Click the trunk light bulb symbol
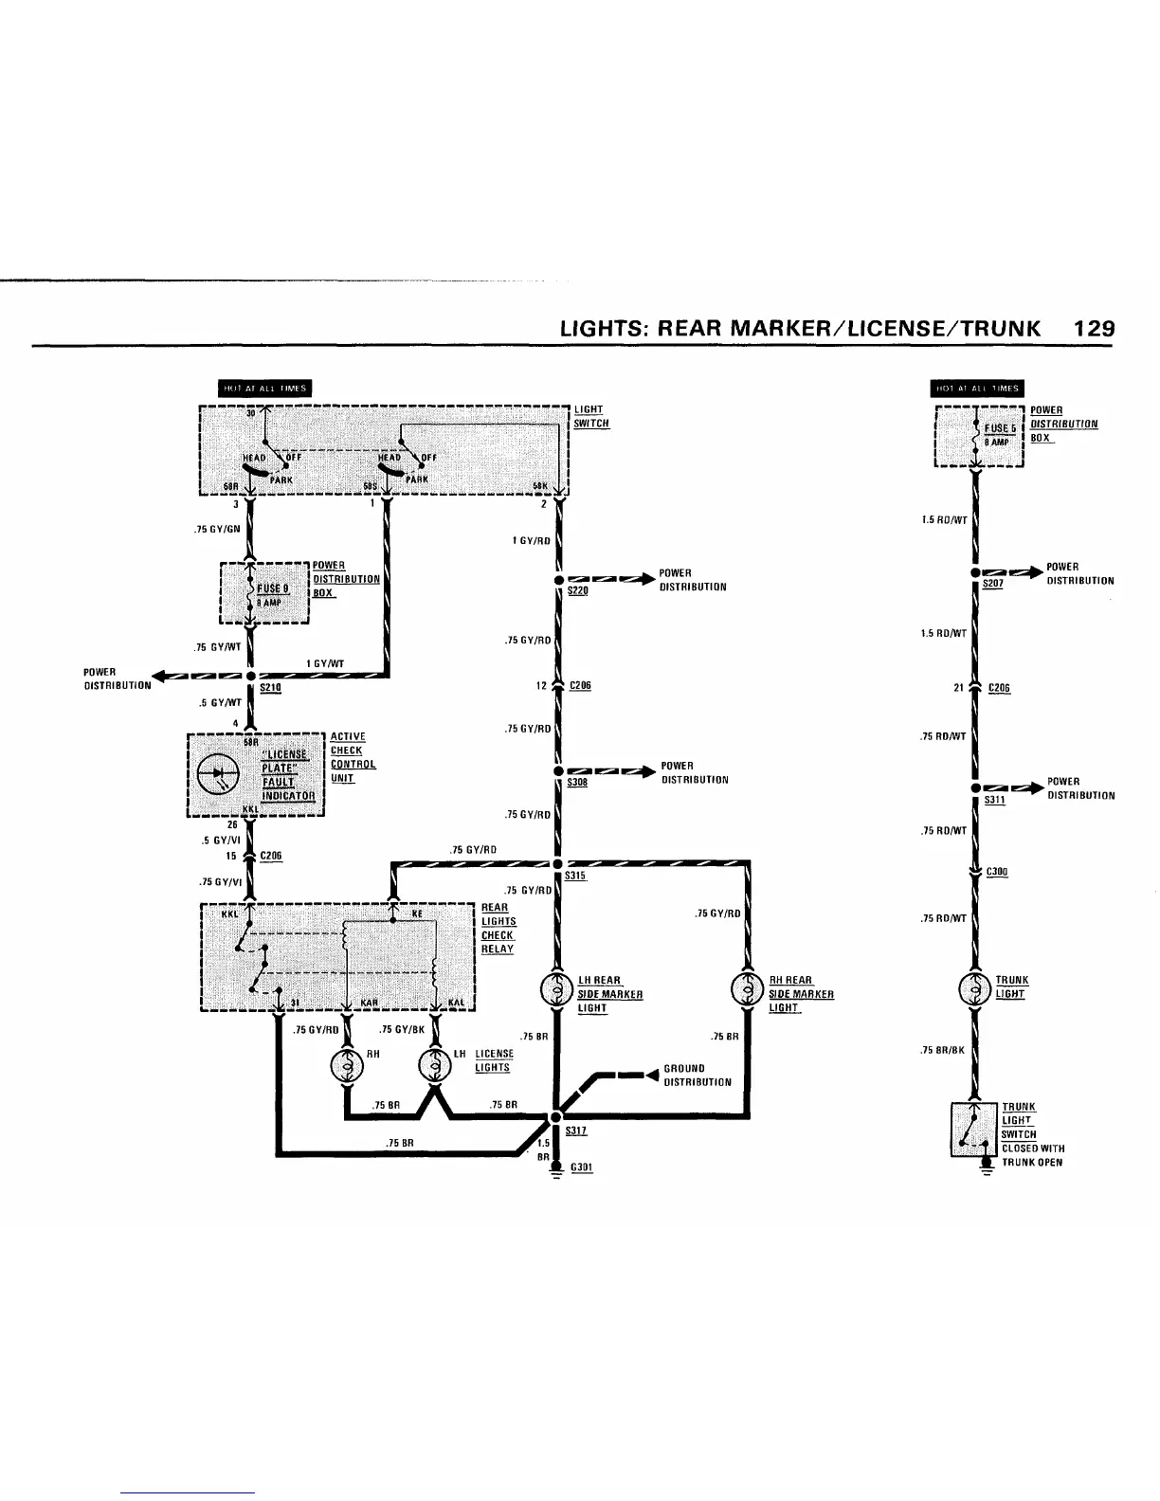(974, 986)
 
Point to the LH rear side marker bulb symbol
(553, 990)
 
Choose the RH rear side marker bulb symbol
(749, 990)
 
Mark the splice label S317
(576, 1130)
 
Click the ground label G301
(581, 1167)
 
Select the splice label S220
(577, 590)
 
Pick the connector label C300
(997, 872)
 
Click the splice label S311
(994, 800)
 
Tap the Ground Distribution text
(698, 1075)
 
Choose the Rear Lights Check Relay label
(498, 929)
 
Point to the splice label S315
(576, 877)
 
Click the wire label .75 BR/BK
(942, 1050)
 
